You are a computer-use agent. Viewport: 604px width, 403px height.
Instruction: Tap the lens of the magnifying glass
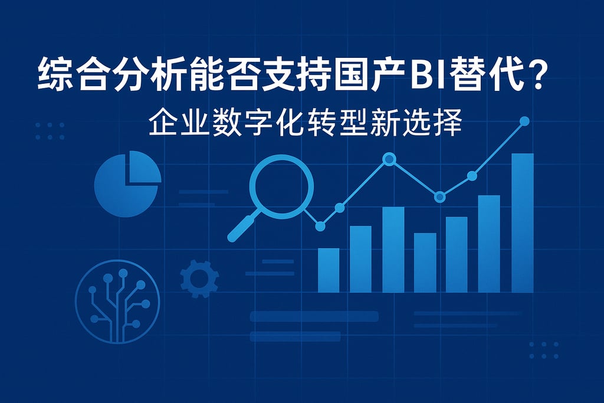pos(281,186)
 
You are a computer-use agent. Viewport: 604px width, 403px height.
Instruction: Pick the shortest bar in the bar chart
pos(329,270)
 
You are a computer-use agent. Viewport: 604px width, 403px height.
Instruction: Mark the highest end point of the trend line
pos(524,121)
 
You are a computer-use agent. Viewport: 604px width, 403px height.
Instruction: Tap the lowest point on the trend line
pos(320,225)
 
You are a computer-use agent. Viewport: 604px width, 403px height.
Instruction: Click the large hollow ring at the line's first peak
pos(389,159)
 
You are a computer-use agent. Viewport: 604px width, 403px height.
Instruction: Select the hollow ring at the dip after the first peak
pos(439,196)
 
